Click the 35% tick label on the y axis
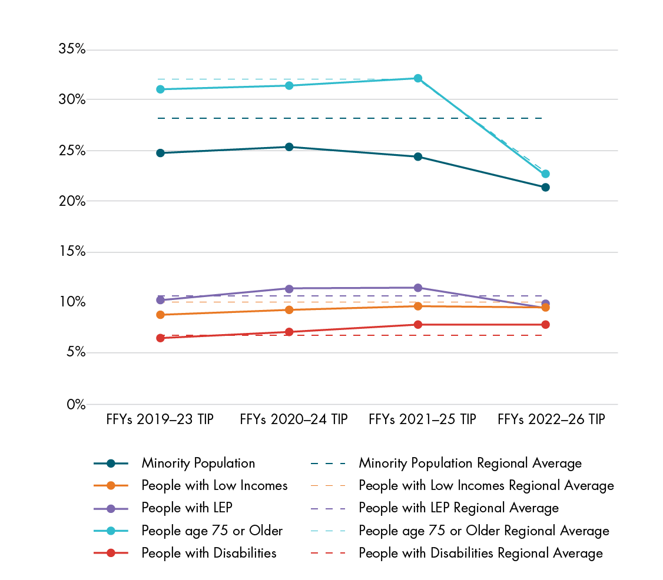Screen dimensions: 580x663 72,49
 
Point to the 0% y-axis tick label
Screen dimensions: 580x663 75,405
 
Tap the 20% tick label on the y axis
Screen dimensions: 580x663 72,201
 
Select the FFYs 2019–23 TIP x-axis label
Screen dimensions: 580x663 160,420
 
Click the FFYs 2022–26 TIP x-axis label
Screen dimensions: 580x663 551,420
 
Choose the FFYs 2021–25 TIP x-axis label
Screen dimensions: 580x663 422,420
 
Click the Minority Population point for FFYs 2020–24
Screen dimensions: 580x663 289,146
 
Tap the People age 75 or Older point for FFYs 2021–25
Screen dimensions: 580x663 417,78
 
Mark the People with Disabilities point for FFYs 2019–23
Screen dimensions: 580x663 160,338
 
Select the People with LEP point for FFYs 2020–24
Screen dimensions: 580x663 289,288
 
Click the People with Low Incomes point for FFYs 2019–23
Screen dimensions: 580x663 160,315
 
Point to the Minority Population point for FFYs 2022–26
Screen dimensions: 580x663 545,187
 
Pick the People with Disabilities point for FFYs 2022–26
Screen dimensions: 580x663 545,324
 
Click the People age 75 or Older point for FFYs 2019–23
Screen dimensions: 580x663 160,89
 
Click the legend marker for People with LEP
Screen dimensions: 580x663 111,508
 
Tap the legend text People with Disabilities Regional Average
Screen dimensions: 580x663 480,554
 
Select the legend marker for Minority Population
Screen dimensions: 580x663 111,464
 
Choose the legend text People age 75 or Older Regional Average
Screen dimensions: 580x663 484,531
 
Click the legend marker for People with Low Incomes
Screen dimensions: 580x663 111,486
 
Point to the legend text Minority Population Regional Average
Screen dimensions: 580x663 470,464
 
